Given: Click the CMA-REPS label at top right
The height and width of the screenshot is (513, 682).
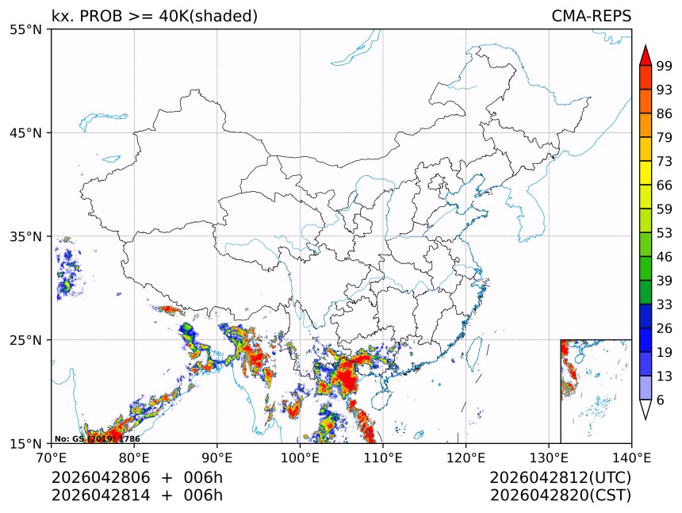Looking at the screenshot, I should (x=591, y=16).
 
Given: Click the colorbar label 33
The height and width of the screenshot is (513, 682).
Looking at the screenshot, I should (x=665, y=304).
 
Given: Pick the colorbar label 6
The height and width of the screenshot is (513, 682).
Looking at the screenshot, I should (x=661, y=400).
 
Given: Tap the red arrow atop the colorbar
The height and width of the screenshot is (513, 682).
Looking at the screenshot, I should (x=646, y=55).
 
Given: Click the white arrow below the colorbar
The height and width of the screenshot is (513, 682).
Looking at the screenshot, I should (x=646, y=409).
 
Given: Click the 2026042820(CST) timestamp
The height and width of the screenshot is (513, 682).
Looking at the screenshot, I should (x=560, y=496).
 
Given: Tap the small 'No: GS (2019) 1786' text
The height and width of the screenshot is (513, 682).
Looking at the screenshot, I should (x=97, y=438).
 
